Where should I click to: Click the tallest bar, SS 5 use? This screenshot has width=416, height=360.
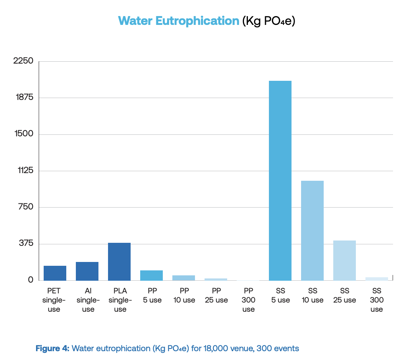pyautogui.click(x=280, y=180)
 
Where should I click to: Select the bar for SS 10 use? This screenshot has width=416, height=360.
pyautogui.click(x=312, y=230)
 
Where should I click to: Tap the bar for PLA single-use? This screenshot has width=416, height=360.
pyautogui.click(x=119, y=261)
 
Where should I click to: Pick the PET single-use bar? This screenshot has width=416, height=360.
pyautogui.click(x=55, y=273)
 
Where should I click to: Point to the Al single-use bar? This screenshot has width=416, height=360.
pyautogui.click(x=87, y=271)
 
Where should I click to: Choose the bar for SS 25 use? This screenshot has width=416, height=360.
pyautogui.click(x=344, y=260)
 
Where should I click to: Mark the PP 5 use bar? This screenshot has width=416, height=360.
pyautogui.click(x=151, y=275)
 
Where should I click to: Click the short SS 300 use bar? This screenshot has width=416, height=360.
pyautogui.click(x=377, y=278)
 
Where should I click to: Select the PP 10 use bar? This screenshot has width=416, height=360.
pyautogui.click(x=183, y=278)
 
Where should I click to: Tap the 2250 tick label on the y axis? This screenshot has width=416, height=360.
pyautogui.click(x=23, y=61)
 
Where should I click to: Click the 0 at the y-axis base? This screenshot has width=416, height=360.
pyautogui.click(x=31, y=280)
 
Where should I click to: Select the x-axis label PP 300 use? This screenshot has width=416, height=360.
pyautogui.click(x=249, y=300)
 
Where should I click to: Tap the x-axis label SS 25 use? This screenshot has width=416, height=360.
pyautogui.click(x=345, y=295)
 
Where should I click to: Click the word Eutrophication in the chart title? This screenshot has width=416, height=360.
pyautogui.click(x=197, y=21)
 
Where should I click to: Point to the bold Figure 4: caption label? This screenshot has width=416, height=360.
pyautogui.click(x=52, y=349)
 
